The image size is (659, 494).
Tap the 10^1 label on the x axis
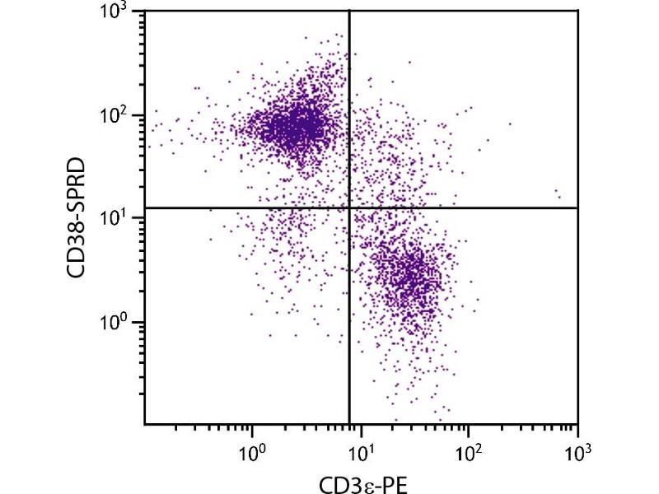(x=360, y=450)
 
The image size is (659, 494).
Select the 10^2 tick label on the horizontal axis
(x=468, y=450)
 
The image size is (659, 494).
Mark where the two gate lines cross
(x=349, y=207)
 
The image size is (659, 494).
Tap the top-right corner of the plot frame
(x=577, y=11)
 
